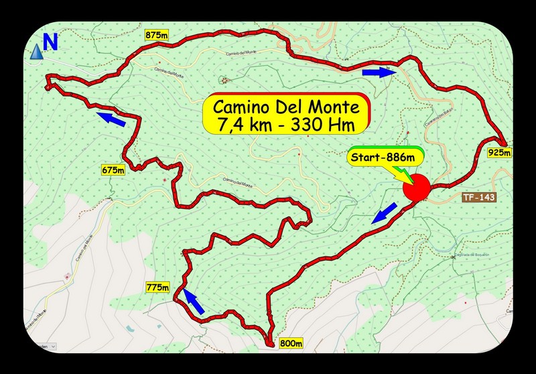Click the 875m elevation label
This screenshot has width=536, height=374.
click(x=155, y=34)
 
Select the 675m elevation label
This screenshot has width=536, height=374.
click(x=113, y=170)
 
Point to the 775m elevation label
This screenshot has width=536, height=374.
click(x=157, y=288)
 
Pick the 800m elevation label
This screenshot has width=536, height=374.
click(x=290, y=344)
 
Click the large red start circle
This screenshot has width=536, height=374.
click(x=417, y=188)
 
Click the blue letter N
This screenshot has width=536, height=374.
click(x=50, y=42)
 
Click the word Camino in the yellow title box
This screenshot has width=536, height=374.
click(x=242, y=107)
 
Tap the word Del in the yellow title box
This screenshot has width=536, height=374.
click(x=293, y=107)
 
